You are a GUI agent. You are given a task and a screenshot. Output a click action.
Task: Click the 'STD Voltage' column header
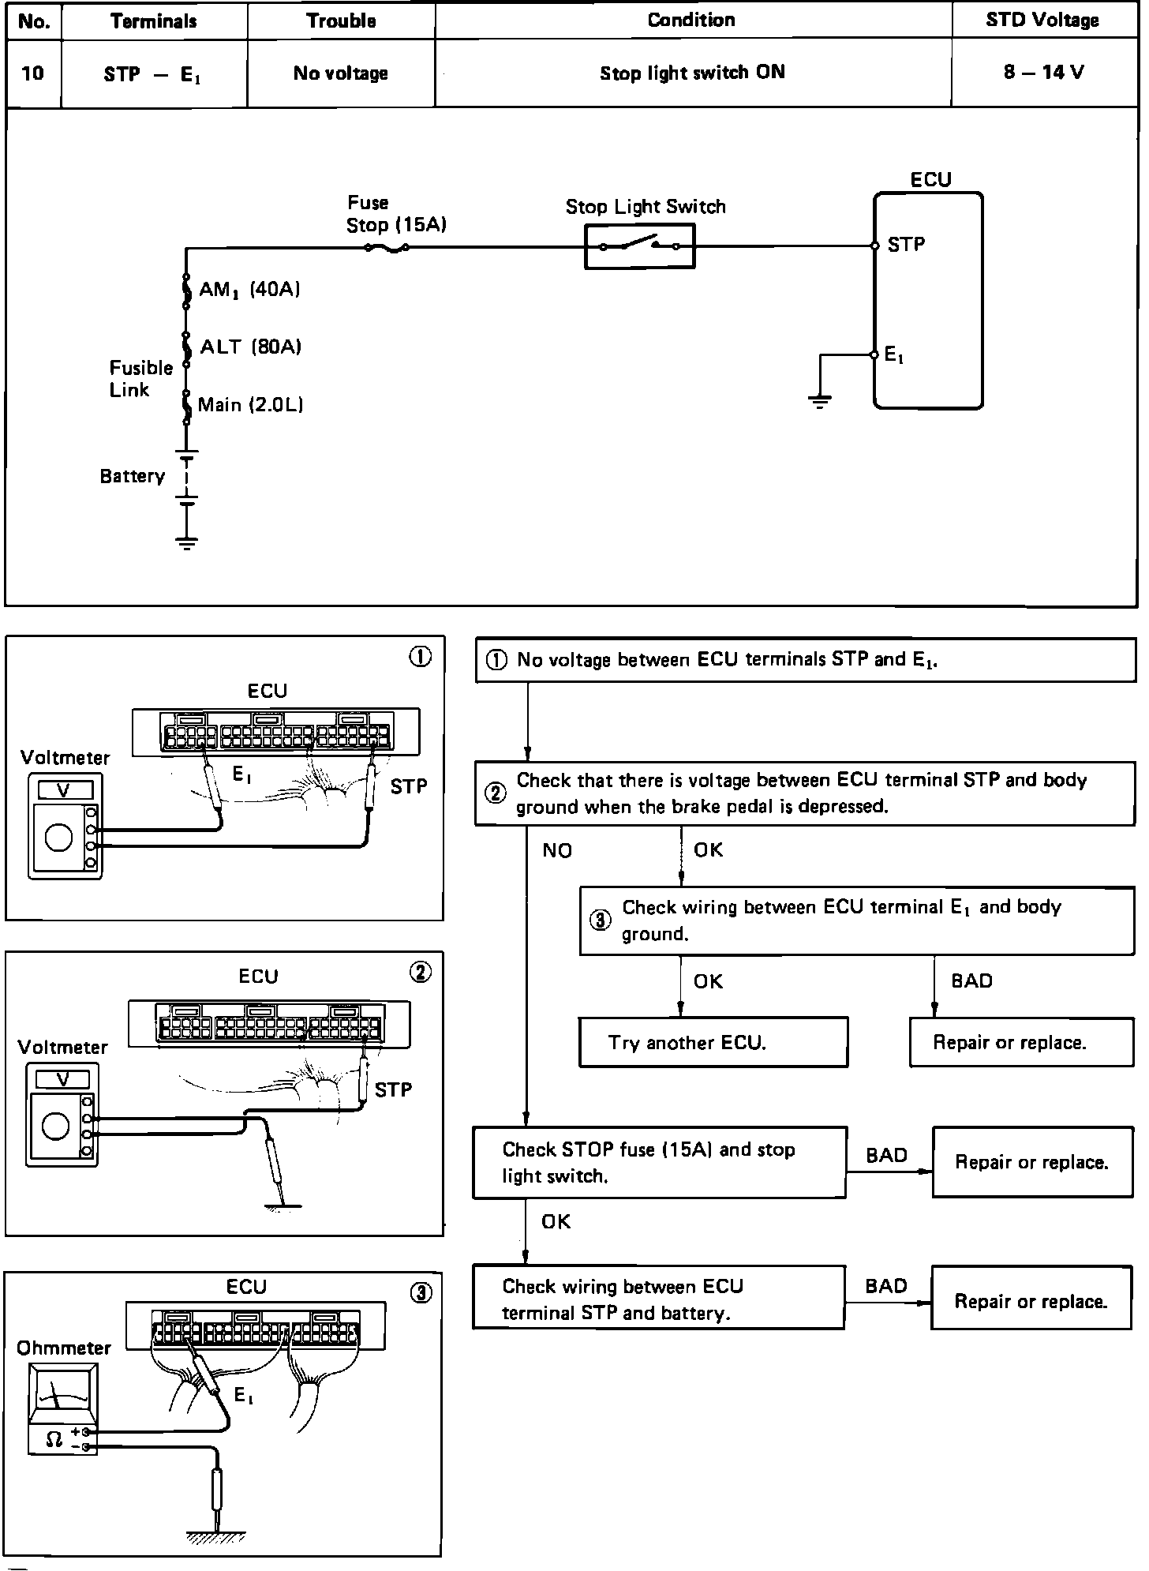[x=1042, y=21]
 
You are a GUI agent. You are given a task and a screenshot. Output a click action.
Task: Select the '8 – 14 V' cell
[x=1043, y=73]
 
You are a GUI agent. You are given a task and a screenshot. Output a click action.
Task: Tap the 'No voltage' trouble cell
[x=340, y=73]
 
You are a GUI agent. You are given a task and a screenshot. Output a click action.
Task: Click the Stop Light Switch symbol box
[x=639, y=246]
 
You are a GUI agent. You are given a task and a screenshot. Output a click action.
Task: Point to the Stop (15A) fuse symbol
[x=387, y=248]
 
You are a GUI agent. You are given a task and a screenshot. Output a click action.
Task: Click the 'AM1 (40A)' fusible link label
[x=249, y=290]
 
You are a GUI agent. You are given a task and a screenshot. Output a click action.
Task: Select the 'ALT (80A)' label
[x=251, y=347]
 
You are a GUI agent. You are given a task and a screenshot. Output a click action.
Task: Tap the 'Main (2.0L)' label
[x=250, y=405]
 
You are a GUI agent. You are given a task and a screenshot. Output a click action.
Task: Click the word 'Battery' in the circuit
[x=132, y=476]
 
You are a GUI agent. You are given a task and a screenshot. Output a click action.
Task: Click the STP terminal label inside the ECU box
[x=906, y=245]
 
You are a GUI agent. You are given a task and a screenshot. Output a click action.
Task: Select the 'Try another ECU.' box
[x=713, y=1043]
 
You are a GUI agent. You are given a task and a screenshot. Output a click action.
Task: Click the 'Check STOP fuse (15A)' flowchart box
[x=659, y=1162]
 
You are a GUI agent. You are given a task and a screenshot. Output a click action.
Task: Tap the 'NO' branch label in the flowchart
[x=557, y=850]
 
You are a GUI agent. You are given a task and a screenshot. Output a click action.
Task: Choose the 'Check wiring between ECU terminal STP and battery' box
[x=658, y=1299]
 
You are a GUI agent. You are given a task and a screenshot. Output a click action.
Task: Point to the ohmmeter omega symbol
[x=54, y=1440]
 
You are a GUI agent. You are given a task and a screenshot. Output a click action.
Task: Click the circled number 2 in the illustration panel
[x=421, y=973]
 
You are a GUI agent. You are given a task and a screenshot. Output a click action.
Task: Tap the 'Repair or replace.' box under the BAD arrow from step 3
[x=1021, y=1043]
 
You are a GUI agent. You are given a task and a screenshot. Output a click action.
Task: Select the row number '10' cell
[x=33, y=73]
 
